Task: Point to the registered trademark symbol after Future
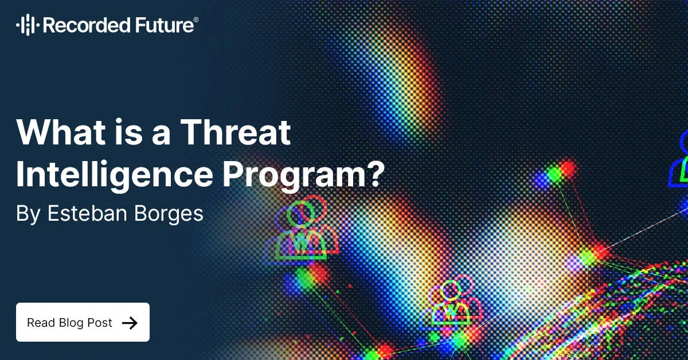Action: click(197, 20)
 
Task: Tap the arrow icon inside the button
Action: click(130, 323)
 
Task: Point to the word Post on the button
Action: click(100, 323)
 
